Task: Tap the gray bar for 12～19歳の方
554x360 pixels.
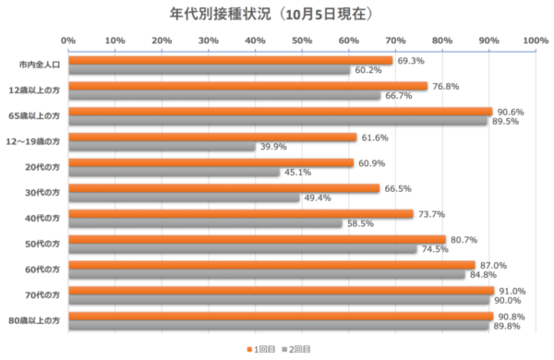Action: [161, 146]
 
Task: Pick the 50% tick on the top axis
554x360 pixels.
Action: [301, 40]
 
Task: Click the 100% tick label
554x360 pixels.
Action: [535, 40]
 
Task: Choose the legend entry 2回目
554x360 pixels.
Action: [298, 349]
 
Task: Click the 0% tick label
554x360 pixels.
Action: [67, 40]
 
